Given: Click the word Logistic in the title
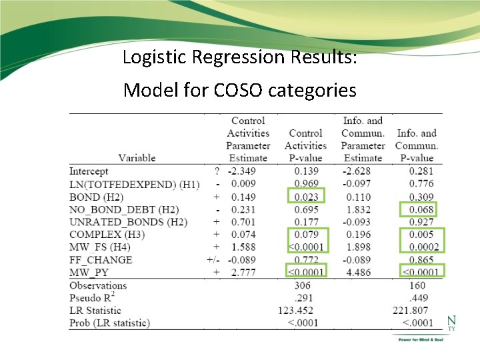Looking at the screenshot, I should [x=154, y=57].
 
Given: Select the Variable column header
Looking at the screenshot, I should [x=137, y=158].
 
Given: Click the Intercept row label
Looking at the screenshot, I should [x=89, y=171].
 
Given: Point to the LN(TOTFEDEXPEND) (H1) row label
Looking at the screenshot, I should [x=134, y=184].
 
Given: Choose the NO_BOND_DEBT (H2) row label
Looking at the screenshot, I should [x=124, y=209].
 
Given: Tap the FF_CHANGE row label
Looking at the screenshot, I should [x=101, y=260].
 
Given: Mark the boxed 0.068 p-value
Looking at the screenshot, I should [x=421, y=210].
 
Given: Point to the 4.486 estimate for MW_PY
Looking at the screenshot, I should [x=363, y=273].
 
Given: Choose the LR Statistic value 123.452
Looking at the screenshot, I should [x=298, y=311].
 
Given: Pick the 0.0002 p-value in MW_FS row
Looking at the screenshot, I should [x=419, y=247].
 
